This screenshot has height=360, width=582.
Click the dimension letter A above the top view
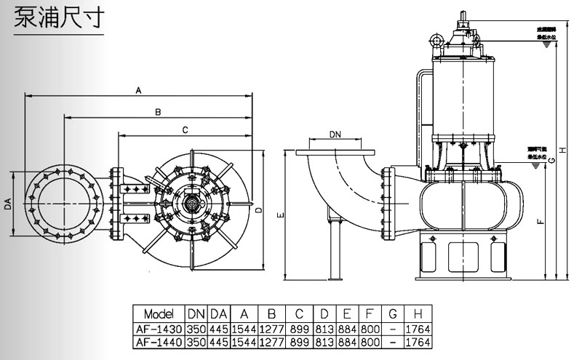(x=138, y=89)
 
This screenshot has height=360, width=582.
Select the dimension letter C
(x=185, y=129)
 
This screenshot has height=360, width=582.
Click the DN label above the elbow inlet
(x=335, y=135)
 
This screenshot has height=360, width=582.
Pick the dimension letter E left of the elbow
(x=281, y=215)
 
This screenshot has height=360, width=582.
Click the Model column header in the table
(x=159, y=314)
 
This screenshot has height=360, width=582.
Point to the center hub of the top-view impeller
(x=193, y=204)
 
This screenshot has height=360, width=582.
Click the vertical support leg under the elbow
(x=335, y=247)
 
